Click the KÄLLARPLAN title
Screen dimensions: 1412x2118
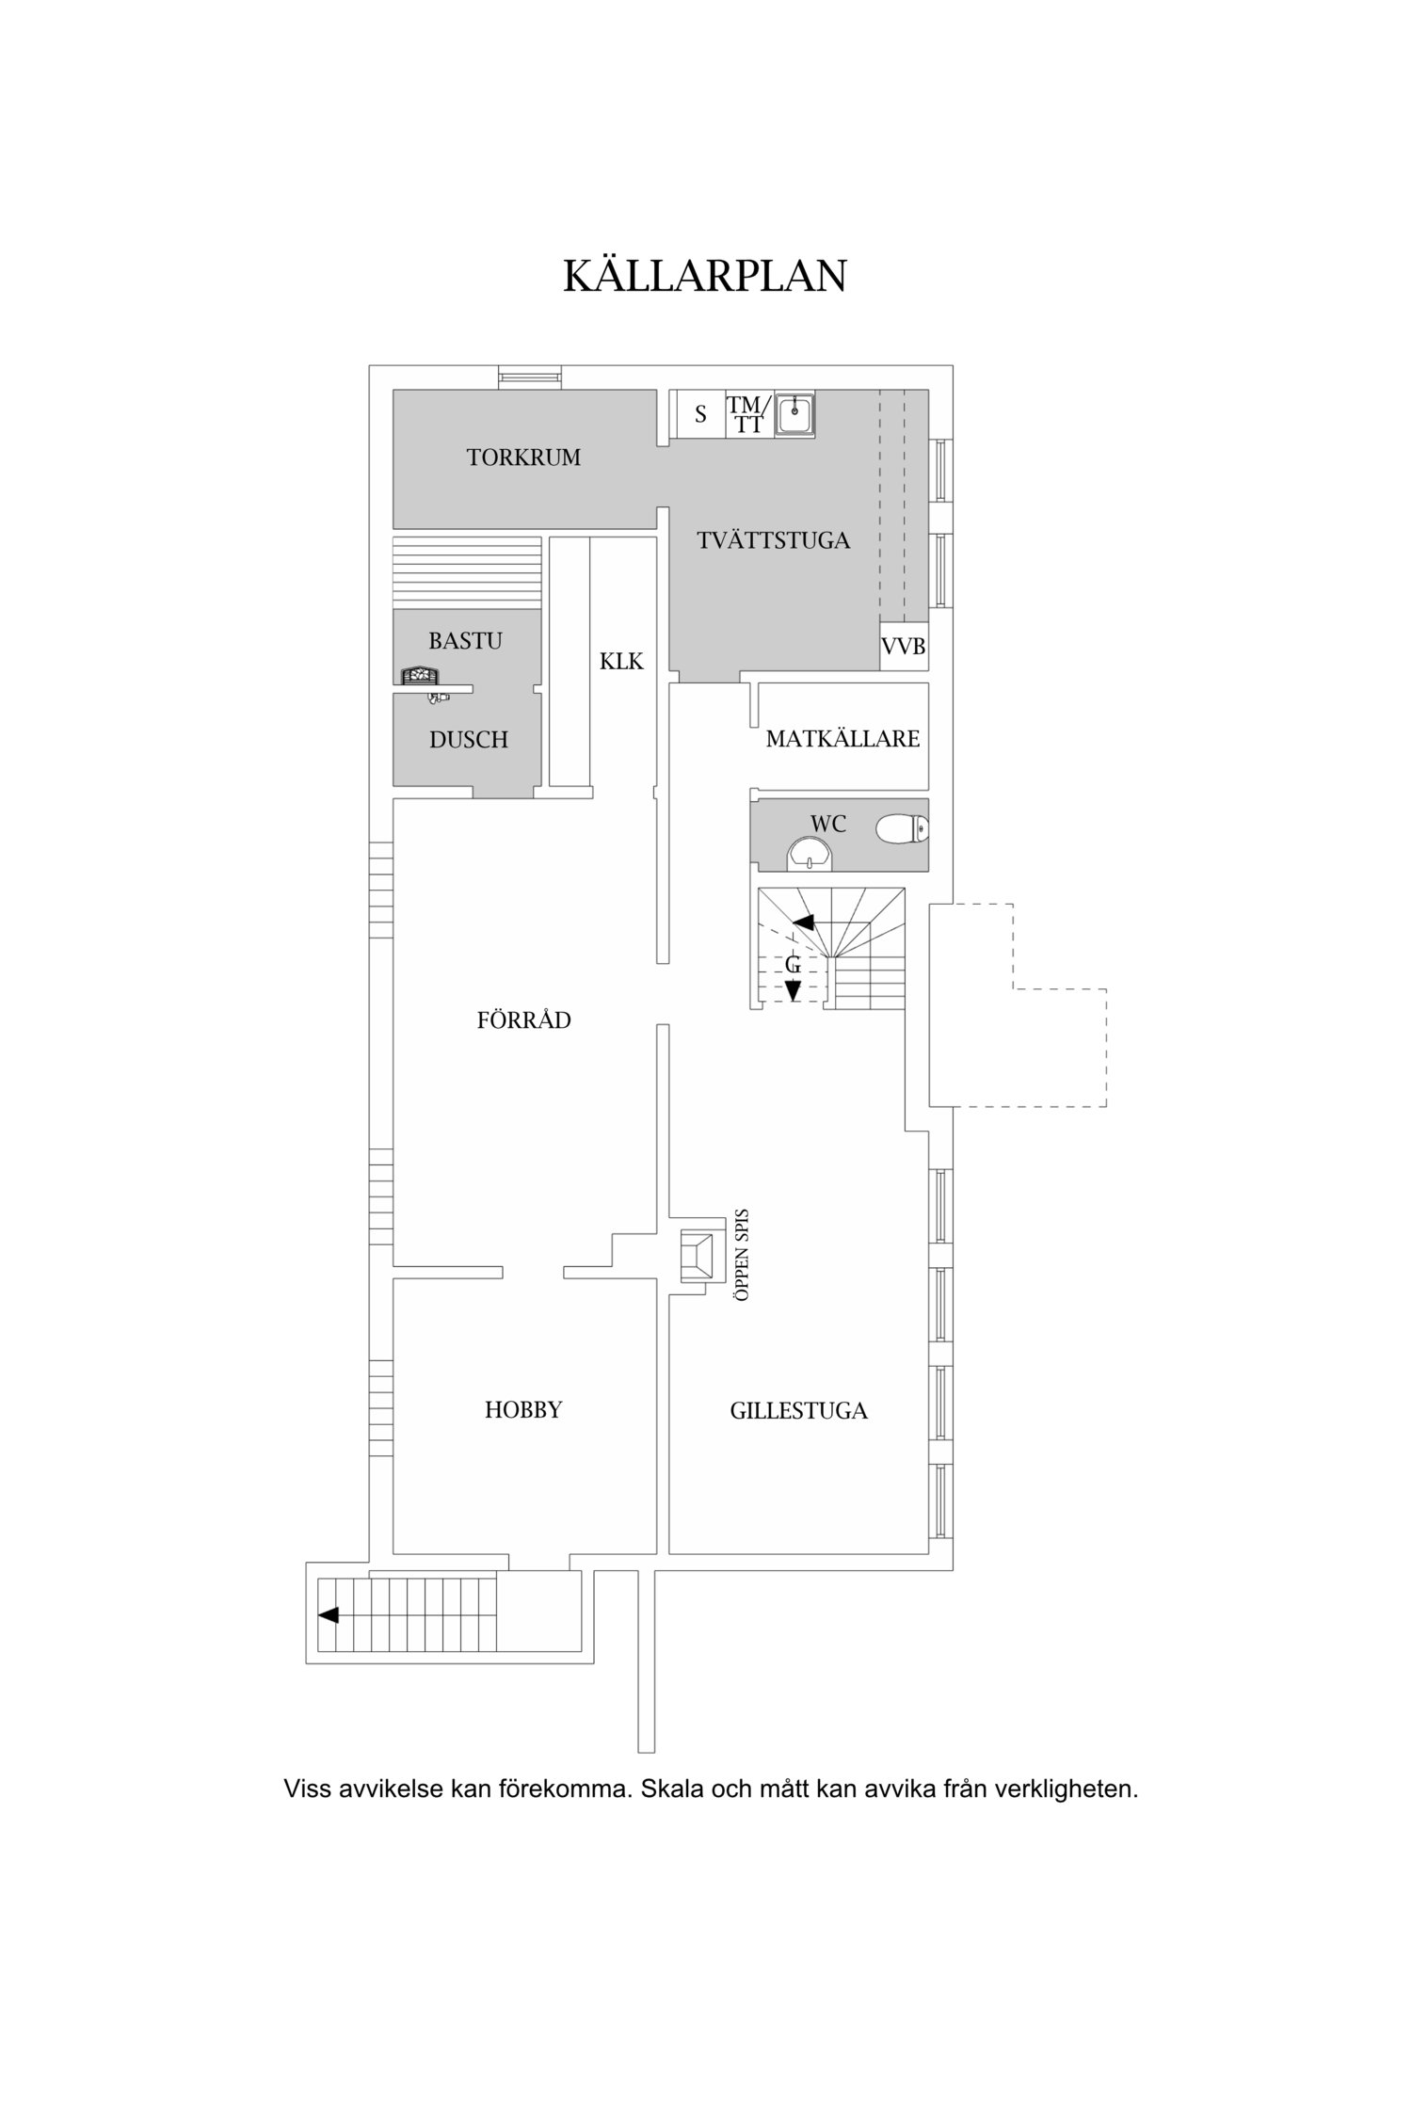tap(705, 275)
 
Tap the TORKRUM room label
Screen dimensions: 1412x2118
tap(523, 458)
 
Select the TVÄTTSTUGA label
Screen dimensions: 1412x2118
tap(773, 540)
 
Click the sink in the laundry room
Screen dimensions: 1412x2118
tap(795, 414)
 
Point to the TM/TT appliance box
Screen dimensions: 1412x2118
tap(749, 414)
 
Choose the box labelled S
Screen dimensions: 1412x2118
tap(700, 414)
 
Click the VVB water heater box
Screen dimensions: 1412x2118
tap(904, 647)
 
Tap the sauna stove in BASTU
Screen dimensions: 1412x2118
tap(420, 675)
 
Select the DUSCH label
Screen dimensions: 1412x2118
tap(469, 740)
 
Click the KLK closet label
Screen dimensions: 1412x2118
tap(622, 662)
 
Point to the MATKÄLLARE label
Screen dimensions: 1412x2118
tap(842, 739)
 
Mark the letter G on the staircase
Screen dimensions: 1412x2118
tap(794, 964)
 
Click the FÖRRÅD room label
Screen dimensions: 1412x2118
tap(524, 1020)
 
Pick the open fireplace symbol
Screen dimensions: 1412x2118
tap(698, 1257)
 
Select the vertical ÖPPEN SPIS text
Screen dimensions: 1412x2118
tap(743, 1254)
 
